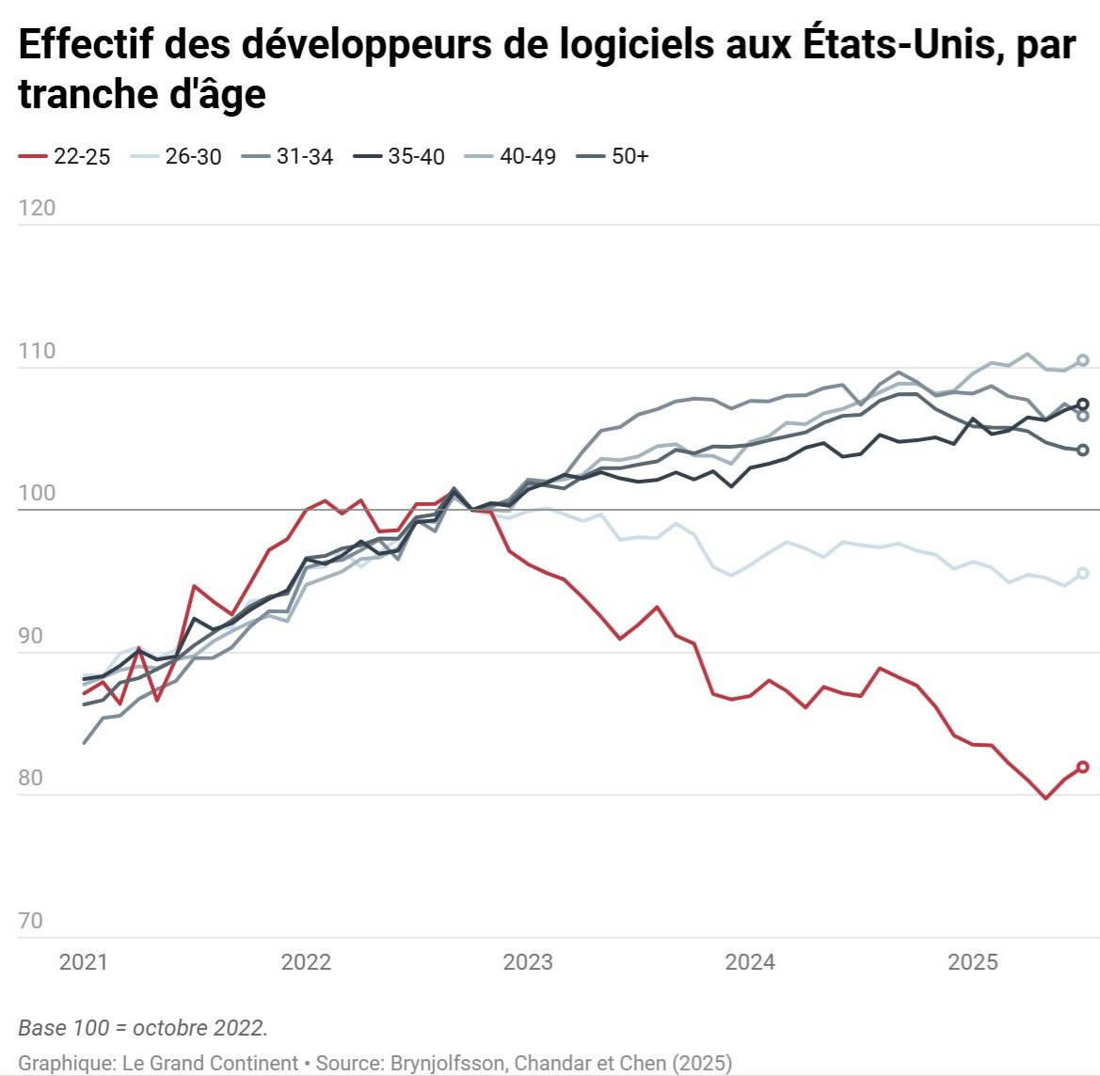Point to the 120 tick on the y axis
click(x=37, y=208)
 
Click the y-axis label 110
click(x=37, y=351)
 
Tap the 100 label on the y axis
click(x=37, y=493)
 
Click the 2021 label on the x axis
click(x=83, y=962)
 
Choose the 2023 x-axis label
click(x=528, y=962)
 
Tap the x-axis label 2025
click(x=972, y=962)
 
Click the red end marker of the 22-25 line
click(x=1082, y=767)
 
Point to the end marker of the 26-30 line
click(x=1082, y=573)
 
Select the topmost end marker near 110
click(x=1082, y=360)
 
